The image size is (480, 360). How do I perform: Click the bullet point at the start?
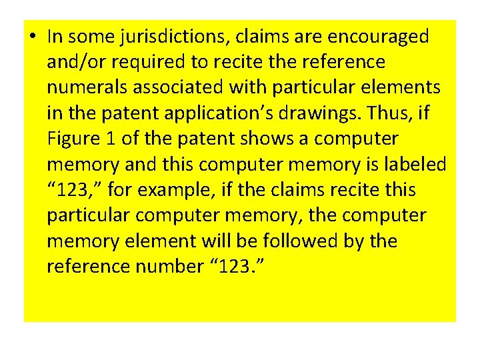click(x=33, y=37)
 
